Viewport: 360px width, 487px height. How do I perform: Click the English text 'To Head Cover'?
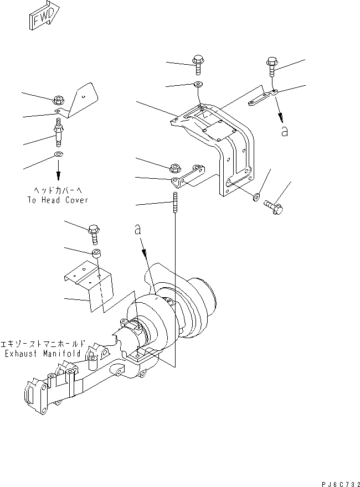click(57, 200)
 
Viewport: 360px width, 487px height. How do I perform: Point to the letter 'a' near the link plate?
click(285, 131)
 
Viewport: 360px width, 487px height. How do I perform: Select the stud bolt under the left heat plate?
click(58, 134)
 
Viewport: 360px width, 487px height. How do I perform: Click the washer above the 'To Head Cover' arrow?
click(58, 154)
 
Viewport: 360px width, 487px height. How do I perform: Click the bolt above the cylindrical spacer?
click(94, 234)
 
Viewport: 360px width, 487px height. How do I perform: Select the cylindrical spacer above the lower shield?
click(96, 254)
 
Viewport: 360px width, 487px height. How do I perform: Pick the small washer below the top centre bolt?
click(198, 85)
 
